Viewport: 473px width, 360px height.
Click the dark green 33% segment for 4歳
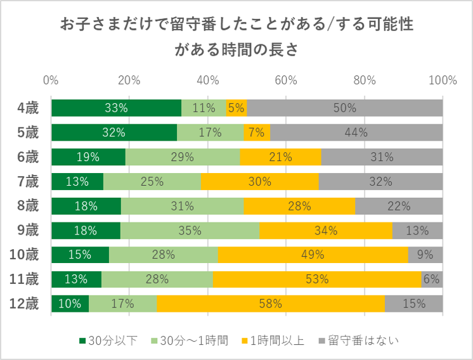(x=116, y=108)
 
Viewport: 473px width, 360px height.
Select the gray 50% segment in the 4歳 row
(x=344, y=108)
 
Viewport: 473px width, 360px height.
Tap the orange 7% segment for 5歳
(x=257, y=132)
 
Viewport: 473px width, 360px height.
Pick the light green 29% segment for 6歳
(x=183, y=157)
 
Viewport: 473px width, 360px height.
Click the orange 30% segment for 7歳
(x=260, y=181)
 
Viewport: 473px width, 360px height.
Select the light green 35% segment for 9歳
(x=190, y=230)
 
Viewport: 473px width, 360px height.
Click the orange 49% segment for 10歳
(x=313, y=255)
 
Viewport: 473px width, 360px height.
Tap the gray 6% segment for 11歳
(x=432, y=280)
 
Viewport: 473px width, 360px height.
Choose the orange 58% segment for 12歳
(x=271, y=304)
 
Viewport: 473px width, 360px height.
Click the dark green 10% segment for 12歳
(x=70, y=304)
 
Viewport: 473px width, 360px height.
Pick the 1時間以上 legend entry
(x=274, y=341)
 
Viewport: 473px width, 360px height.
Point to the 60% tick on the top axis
(x=286, y=80)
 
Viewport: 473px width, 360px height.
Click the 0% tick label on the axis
(x=51, y=80)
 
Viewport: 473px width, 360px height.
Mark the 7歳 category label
(x=27, y=181)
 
